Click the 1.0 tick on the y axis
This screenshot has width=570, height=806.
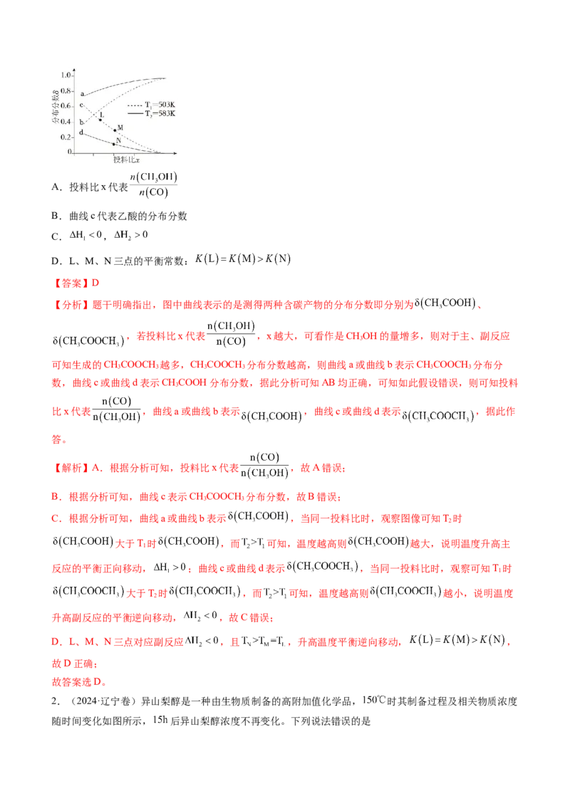pyautogui.click(x=66, y=75)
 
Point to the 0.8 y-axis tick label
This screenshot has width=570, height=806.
pyautogui.click(x=66, y=90)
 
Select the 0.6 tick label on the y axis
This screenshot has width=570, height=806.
pyautogui.click(x=66, y=106)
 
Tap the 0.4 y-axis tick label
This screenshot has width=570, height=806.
pyautogui.click(x=66, y=121)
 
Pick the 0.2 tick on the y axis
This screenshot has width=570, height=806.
pyautogui.click(x=66, y=137)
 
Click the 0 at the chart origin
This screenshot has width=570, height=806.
pyautogui.click(x=69, y=152)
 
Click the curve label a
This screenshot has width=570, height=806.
pyautogui.click(x=83, y=93)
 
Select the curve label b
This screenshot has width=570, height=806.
pyautogui.click(x=83, y=122)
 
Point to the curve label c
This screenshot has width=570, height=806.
pyautogui.click(x=83, y=105)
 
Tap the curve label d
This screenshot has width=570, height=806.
pyautogui.click(x=83, y=132)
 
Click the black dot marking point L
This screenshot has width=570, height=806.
pyautogui.click(x=100, y=120)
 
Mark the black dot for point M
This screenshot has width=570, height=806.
pyautogui.click(x=115, y=130)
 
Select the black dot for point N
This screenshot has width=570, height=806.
pyautogui.click(x=114, y=145)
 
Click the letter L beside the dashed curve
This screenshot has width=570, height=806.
pyautogui.click(x=102, y=114)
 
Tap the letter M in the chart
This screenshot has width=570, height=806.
pyautogui.click(x=120, y=127)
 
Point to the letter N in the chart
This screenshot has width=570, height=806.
pyautogui.click(x=118, y=140)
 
